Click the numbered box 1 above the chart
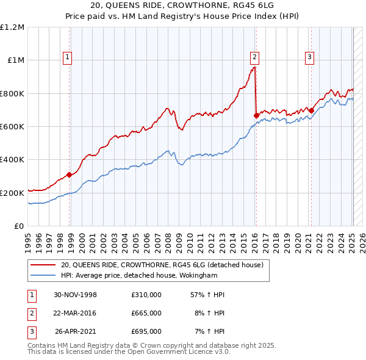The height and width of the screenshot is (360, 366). [67, 58]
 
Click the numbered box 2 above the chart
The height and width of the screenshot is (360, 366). [254, 58]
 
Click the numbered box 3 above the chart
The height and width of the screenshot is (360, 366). [310, 58]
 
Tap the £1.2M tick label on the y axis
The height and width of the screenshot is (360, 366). [12, 27]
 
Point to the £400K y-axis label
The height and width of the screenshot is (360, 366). [12, 160]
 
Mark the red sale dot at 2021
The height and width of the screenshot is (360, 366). [311, 111]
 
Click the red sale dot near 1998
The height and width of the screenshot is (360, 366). [70, 175]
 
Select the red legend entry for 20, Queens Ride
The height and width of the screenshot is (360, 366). [162, 265]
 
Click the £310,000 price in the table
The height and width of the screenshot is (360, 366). [146, 295]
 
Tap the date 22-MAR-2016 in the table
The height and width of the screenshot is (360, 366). [75, 313]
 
